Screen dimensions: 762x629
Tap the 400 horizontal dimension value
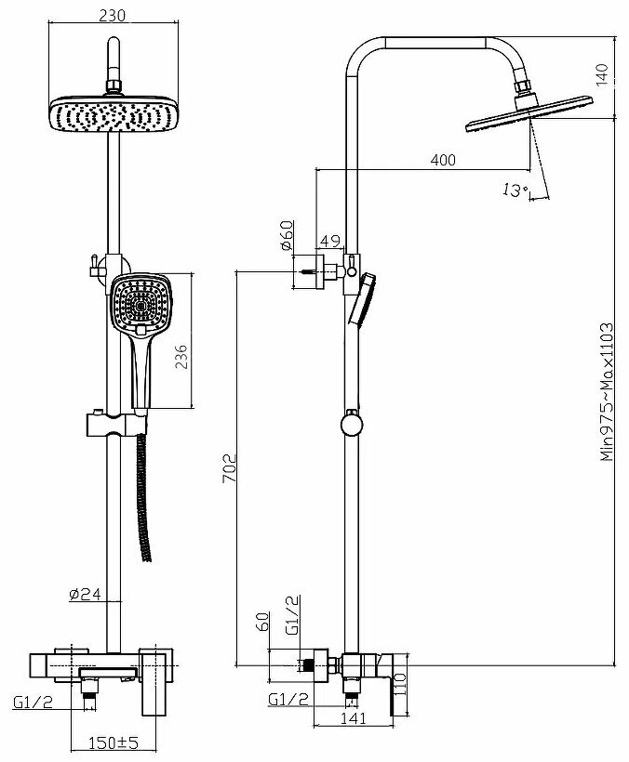443,161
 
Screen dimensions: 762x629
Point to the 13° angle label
514,190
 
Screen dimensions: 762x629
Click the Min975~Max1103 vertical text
606,391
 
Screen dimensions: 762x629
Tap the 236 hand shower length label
182,357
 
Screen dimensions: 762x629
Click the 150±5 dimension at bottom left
114,742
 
